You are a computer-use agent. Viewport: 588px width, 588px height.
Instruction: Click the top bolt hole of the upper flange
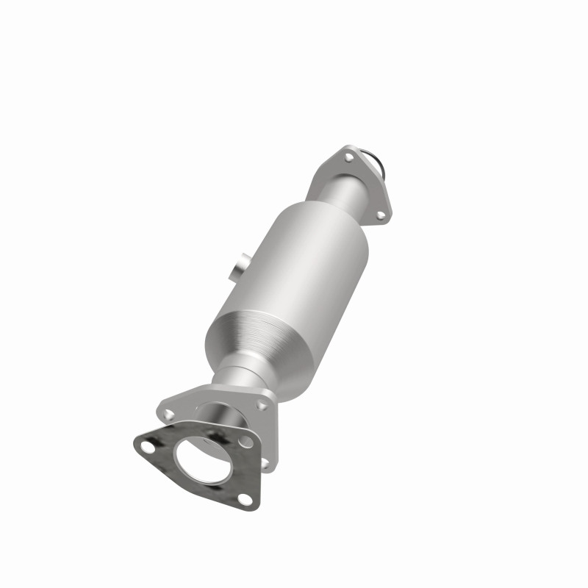(x=346, y=157)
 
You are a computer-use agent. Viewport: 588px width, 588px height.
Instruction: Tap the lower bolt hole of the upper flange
(x=380, y=215)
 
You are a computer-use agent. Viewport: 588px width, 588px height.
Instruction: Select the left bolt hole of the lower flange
(x=166, y=404)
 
